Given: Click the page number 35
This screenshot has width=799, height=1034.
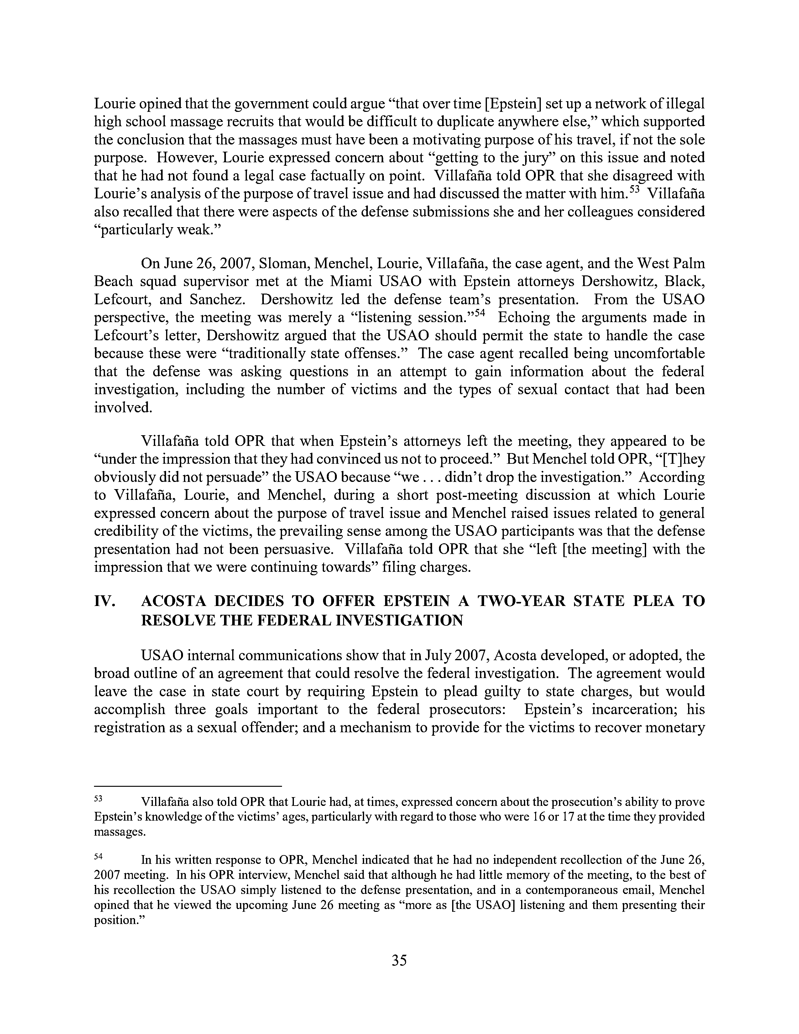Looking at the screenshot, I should [x=399, y=959].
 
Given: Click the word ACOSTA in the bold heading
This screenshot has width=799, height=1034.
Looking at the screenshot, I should [x=174, y=602].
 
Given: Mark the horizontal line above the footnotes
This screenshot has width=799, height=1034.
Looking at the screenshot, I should [x=188, y=786].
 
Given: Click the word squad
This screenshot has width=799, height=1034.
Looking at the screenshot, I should [x=153, y=281].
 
